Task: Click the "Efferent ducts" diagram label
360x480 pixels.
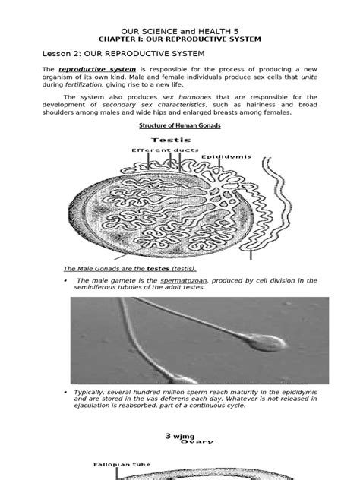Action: pos(160,150)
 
